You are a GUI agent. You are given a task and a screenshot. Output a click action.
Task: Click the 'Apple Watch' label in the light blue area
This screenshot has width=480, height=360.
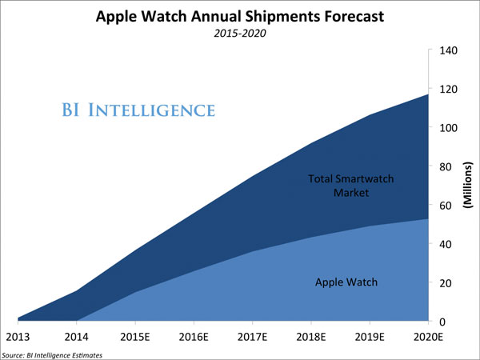346,282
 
